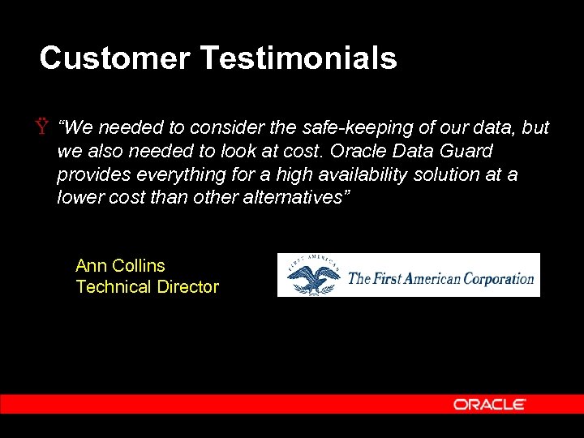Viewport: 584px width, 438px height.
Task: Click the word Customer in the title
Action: click(x=114, y=58)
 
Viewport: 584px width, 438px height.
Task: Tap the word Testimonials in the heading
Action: click(x=298, y=58)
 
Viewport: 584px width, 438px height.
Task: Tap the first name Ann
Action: click(x=92, y=266)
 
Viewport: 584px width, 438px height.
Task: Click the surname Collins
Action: click(x=139, y=266)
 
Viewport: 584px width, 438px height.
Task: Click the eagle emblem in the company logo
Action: click(x=311, y=276)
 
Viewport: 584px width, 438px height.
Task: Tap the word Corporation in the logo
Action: click(x=498, y=278)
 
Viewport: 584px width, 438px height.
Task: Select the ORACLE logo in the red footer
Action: click(x=489, y=404)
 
